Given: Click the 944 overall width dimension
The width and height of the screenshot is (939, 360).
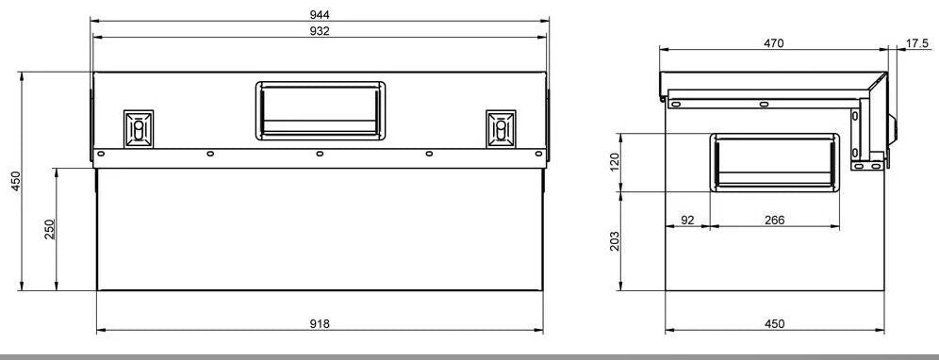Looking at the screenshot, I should pyautogui.click(x=321, y=13).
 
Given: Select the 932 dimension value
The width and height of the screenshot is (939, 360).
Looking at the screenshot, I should pyautogui.click(x=321, y=31).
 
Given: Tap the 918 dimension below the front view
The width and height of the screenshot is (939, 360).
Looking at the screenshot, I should pyautogui.click(x=321, y=323).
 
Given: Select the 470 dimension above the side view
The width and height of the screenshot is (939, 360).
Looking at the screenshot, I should pyautogui.click(x=774, y=43).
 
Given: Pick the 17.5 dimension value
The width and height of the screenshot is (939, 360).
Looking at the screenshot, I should pyautogui.click(x=917, y=43).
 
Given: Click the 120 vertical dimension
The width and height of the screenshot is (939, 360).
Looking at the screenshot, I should pyautogui.click(x=616, y=162).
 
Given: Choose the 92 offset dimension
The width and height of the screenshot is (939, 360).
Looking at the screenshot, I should pyautogui.click(x=687, y=220).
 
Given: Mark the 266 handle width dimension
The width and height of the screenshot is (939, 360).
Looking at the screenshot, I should pyautogui.click(x=774, y=220).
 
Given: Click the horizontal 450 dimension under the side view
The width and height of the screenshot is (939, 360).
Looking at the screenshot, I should pyautogui.click(x=774, y=323).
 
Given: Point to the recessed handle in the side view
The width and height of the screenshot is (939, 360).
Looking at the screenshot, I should pyautogui.click(x=774, y=161).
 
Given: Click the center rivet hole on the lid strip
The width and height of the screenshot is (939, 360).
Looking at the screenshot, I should pyautogui.click(x=321, y=154).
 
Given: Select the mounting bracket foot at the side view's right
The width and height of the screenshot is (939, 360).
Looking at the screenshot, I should pyautogui.click(x=870, y=166).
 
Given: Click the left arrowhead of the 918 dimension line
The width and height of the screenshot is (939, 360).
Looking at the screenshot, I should pyautogui.click(x=101, y=331).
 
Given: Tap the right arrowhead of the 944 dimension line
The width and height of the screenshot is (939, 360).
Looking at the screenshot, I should pyautogui.click(x=546, y=21).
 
